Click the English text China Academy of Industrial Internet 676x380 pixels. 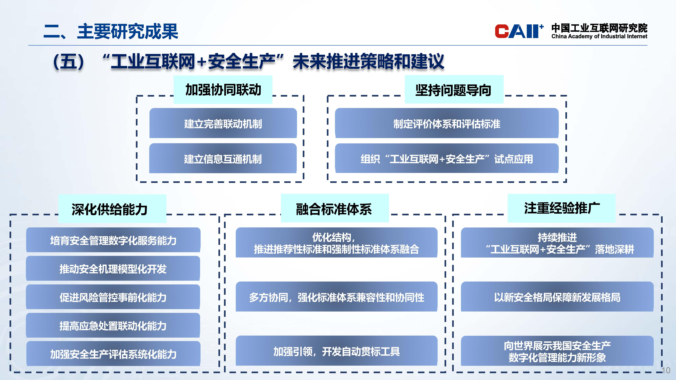(599, 36)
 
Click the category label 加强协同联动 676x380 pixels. (223, 90)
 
